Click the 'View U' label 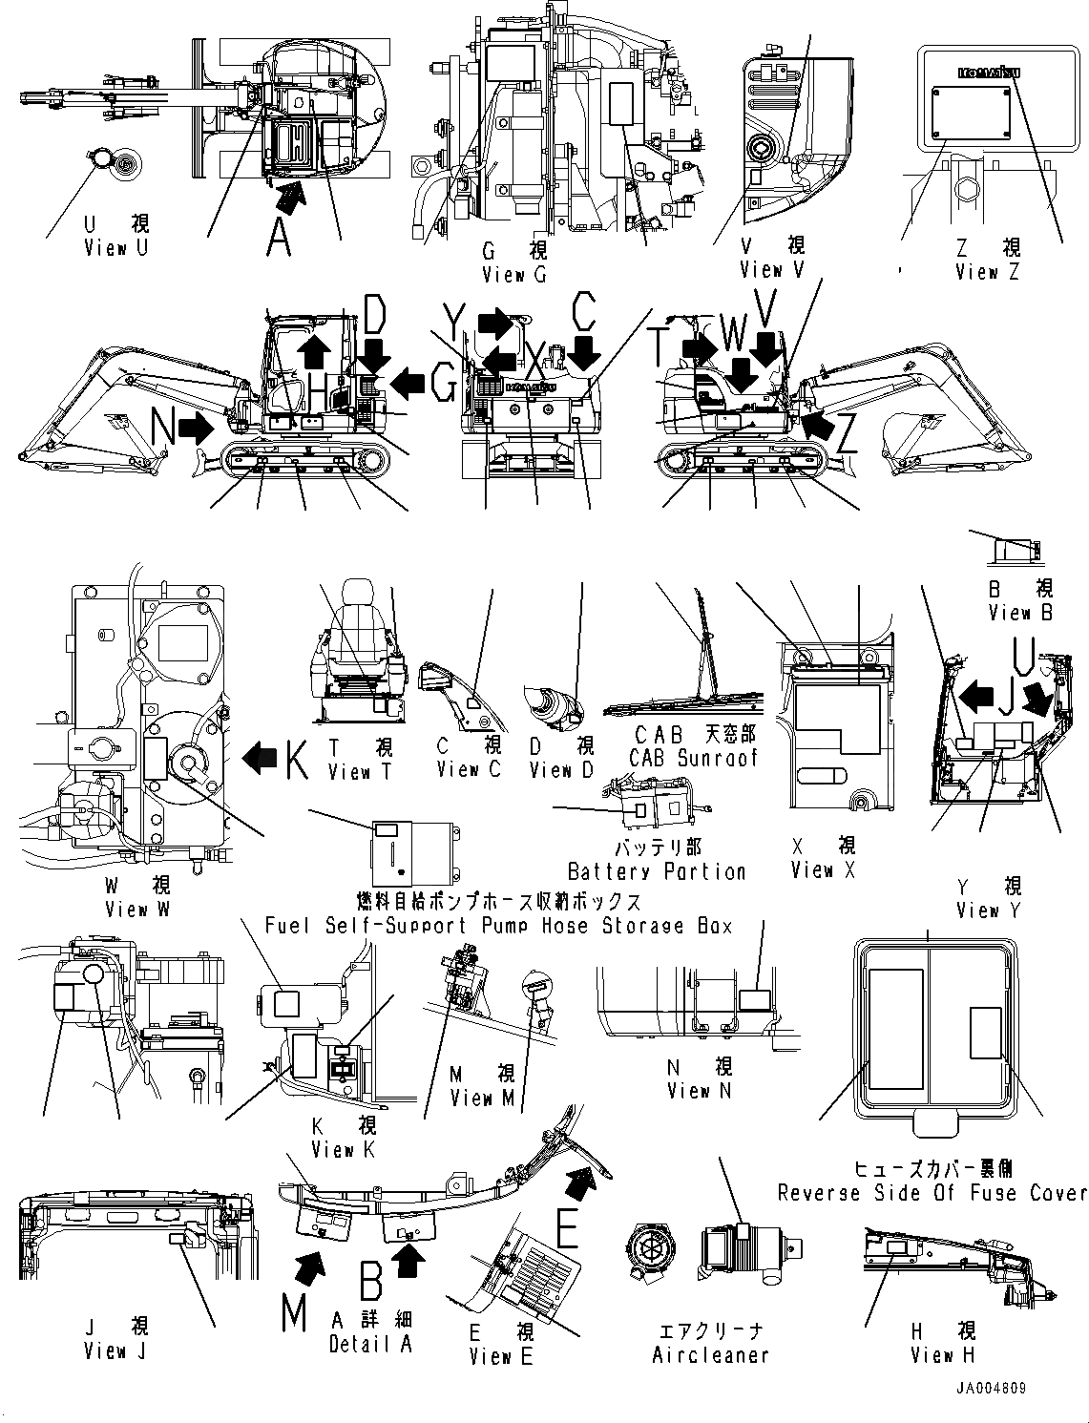coord(116,248)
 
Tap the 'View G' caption coord(514,275)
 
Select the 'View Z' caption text coord(988,272)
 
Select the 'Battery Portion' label coord(657,871)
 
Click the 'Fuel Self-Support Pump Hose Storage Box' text coord(498,925)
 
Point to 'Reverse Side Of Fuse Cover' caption coord(932,1193)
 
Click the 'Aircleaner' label coord(710,1354)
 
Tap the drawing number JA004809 coord(988,1388)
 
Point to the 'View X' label coord(824,869)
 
